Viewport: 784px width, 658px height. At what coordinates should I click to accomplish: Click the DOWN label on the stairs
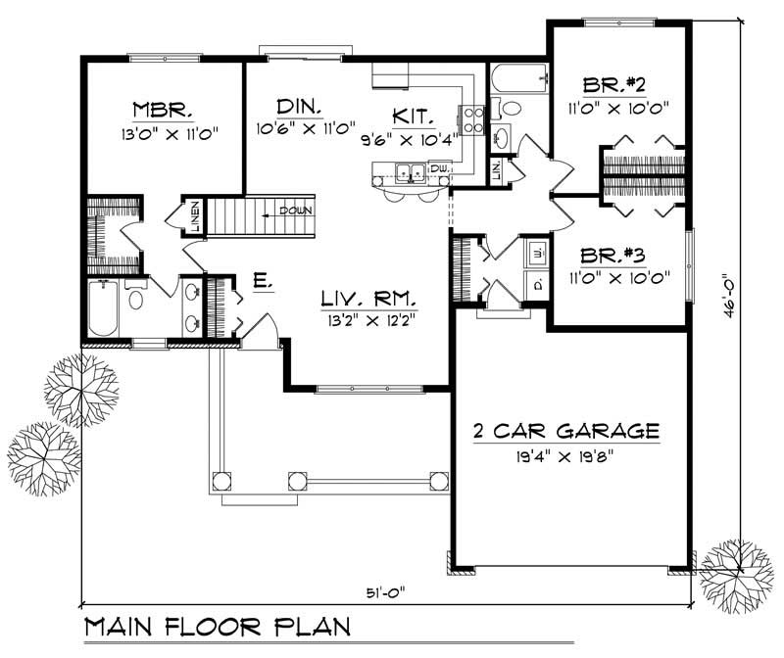(295, 211)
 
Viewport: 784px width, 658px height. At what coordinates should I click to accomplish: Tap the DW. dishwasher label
(439, 169)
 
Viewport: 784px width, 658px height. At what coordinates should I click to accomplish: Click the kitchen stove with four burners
(472, 119)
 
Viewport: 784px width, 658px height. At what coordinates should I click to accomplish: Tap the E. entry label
(262, 282)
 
